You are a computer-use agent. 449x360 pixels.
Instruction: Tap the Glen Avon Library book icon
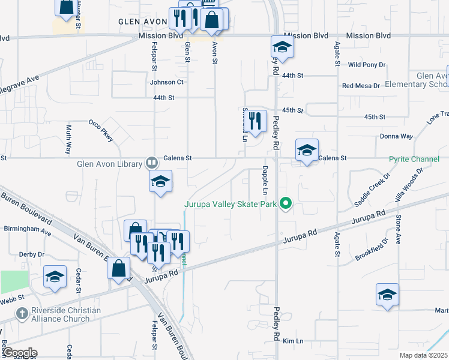click(x=152, y=163)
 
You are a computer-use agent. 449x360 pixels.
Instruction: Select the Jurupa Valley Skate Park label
click(x=230, y=205)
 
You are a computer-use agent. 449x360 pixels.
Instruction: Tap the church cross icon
click(x=22, y=314)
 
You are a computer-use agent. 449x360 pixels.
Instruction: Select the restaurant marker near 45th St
click(x=257, y=121)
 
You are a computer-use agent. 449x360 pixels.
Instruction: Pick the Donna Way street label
click(x=396, y=136)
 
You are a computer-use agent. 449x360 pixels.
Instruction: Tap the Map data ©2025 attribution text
click(x=424, y=355)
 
